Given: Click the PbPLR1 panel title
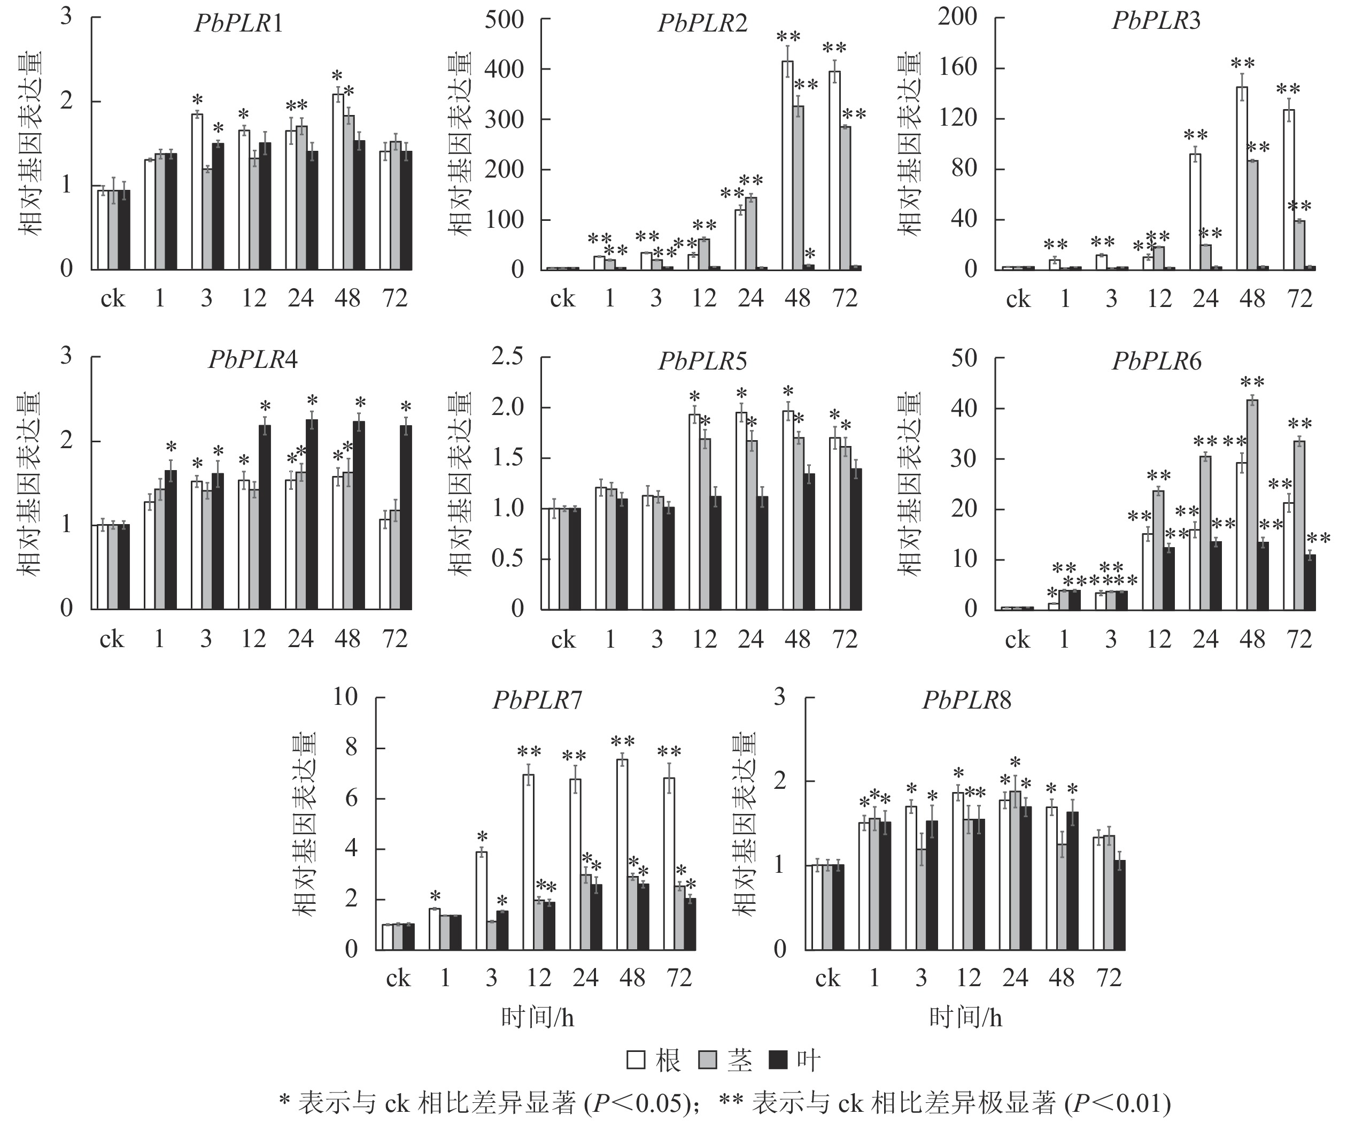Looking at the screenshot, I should pos(238,24).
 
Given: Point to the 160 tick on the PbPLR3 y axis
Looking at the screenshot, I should pos(958,67).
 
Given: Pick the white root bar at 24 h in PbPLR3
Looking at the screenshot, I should pos(1195,211).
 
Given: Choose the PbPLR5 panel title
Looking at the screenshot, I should pos(703,362).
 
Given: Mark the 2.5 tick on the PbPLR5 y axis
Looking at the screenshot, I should pos(507,357).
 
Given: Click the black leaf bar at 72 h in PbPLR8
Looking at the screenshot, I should pos(1119,905).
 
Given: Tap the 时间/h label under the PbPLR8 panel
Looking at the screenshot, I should pos(965,1018).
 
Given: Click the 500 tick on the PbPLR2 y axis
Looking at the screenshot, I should pos(504,19).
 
